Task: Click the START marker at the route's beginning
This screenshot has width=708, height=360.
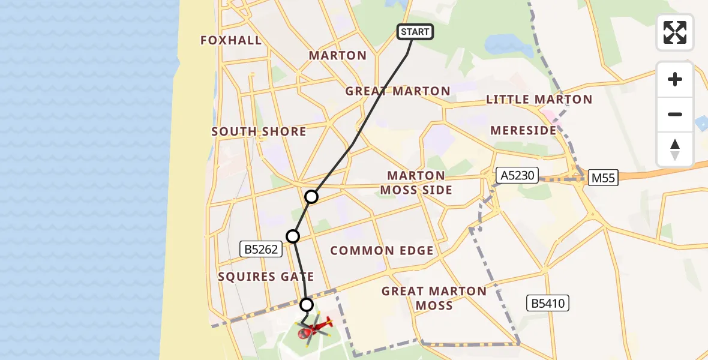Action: (415, 32)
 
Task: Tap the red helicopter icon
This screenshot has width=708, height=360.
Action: (314, 328)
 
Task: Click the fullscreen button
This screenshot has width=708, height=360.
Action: (675, 32)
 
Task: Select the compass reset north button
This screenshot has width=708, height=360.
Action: (675, 149)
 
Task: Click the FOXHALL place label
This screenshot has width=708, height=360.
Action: (231, 40)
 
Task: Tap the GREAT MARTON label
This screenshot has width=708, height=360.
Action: (398, 91)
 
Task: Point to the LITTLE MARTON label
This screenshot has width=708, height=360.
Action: (539, 100)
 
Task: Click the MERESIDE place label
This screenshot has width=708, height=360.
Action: (523, 130)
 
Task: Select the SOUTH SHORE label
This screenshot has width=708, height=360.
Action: (259, 131)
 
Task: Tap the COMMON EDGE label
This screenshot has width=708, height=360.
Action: (382, 251)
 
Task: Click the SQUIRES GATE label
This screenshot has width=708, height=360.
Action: (266, 277)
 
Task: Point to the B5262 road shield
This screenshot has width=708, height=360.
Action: (261, 249)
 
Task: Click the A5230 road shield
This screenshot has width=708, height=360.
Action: (517, 175)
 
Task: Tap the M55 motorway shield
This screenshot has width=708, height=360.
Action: (602, 178)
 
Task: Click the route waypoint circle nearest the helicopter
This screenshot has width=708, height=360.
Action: (307, 304)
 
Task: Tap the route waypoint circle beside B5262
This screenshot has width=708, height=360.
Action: (293, 236)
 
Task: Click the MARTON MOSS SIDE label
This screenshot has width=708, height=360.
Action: (419, 182)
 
